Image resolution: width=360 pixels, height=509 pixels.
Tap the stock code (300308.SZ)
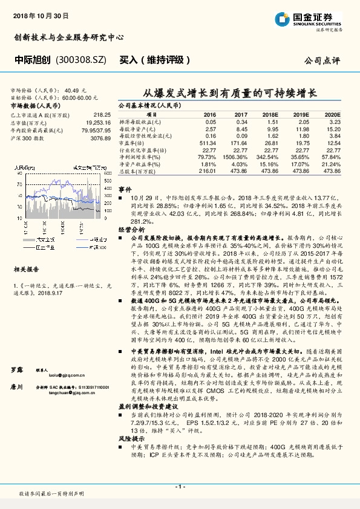[80, 60]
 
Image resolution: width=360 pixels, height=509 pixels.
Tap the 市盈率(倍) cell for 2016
[208, 142]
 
